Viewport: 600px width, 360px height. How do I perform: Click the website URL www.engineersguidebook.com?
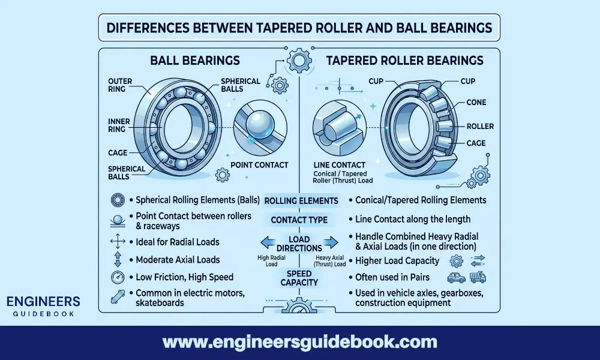(300, 342)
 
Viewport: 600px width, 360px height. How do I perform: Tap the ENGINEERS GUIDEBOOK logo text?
(41, 305)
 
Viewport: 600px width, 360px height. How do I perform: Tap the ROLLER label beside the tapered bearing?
(479, 127)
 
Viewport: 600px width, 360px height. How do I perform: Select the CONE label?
(477, 103)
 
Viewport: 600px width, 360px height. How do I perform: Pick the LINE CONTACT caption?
(340, 164)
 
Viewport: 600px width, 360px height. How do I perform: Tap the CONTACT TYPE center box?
(299, 220)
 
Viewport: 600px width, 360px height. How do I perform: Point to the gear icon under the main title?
(298, 60)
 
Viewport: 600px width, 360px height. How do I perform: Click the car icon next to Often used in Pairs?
(457, 277)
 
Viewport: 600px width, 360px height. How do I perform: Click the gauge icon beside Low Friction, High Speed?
(117, 277)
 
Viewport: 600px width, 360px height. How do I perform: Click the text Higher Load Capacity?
(397, 261)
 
